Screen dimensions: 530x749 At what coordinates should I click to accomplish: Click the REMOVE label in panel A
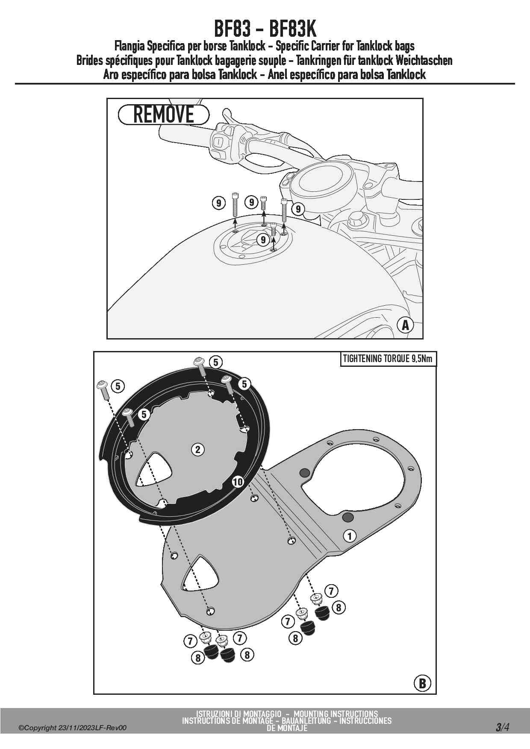coord(163,114)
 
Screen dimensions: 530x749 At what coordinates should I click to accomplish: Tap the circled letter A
coord(405,325)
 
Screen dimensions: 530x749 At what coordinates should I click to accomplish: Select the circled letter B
coord(422,683)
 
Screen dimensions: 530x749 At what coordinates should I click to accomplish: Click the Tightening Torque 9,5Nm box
coord(388,359)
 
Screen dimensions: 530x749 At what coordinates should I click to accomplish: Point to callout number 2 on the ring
coord(197,449)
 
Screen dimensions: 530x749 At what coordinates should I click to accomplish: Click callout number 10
coord(238,482)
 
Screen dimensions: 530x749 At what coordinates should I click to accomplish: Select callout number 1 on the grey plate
coord(350,536)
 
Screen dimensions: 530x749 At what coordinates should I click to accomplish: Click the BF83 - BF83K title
coord(265,29)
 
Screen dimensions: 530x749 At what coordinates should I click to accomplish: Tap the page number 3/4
coord(502,727)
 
